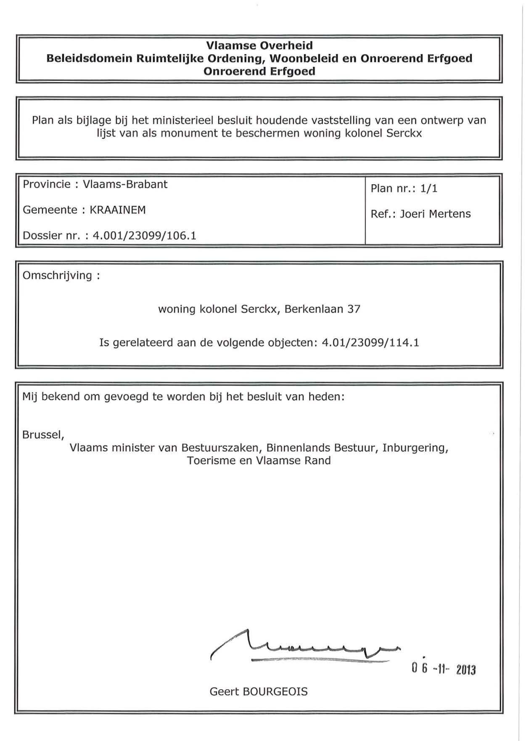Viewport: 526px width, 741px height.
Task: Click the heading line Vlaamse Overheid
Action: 259,45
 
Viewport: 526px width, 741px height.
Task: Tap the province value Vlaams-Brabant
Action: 125,184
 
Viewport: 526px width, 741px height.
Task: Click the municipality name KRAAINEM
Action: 118,210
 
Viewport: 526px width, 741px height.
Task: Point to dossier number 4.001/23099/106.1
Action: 144,236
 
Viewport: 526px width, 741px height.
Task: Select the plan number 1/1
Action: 428,189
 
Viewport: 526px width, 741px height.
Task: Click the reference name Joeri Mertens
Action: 435,214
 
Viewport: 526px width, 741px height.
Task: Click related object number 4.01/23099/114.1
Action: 370,343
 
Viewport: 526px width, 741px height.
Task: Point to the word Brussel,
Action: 43,435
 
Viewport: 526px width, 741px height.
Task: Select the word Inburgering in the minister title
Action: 415,448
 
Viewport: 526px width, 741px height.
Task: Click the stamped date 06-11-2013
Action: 444,669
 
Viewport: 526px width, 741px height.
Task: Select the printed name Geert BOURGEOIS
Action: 259,692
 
